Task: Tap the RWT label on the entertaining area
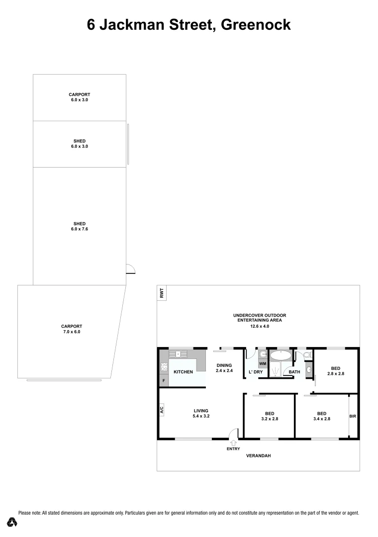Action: [161, 293]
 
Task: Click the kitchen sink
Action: [177, 354]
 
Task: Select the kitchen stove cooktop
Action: [164, 368]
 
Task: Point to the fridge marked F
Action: [163, 381]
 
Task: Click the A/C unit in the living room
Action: [161, 410]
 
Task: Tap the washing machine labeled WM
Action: [263, 363]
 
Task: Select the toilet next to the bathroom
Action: [305, 355]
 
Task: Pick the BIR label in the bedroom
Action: [353, 417]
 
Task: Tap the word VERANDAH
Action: [259, 455]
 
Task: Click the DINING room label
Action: [224, 365]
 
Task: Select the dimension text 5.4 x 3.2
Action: [201, 416]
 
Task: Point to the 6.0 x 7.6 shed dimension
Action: [80, 229]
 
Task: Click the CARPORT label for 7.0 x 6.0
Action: [72, 326]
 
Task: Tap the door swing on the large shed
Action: [130, 268]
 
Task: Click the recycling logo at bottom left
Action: [12, 522]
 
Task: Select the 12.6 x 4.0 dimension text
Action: [260, 326]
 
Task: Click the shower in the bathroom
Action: [276, 370]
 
